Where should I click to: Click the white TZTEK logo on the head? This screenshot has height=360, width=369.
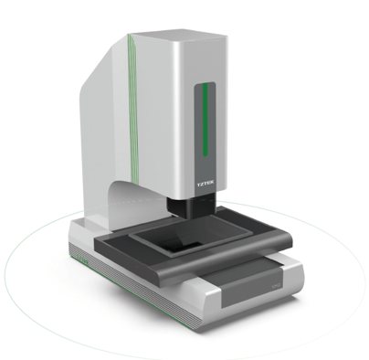coord(206,184)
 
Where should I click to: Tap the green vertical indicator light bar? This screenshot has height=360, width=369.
coord(206,119)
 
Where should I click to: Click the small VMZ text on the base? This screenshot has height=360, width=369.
coord(276,286)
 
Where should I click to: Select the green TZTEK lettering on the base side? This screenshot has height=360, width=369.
coord(82,259)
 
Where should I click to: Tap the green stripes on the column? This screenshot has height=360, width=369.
coord(133,110)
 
